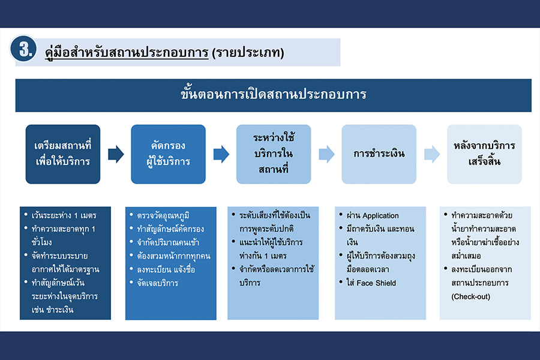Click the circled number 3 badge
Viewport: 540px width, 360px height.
click(x=24, y=50)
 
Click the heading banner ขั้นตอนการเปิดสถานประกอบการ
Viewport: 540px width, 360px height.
click(x=273, y=95)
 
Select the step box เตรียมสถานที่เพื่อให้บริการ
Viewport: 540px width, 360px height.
click(x=62, y=154)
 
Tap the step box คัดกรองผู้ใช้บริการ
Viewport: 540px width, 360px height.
click(x=168, y=154)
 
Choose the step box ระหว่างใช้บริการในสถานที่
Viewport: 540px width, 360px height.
click(x=274, y=154)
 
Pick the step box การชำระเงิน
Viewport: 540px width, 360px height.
click(x=379, y=154)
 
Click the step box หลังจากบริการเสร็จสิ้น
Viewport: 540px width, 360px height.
click(x=484, y=154)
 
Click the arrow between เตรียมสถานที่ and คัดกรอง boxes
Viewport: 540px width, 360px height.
click(x=116, y=154)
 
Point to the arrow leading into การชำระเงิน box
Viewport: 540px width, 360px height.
click(x=326, y=154)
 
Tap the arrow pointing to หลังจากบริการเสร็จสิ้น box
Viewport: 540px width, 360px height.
click(x=432, y=154)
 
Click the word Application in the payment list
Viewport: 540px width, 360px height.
click(x=380, y=216)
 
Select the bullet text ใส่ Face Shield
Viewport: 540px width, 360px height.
click(x=372, y=282)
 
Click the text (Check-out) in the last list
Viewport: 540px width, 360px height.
click(x=470, y=296)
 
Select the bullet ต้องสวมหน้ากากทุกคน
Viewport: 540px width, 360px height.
click(x=172, y=256)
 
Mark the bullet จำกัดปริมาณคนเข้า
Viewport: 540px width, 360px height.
click(x=168, y=242)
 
